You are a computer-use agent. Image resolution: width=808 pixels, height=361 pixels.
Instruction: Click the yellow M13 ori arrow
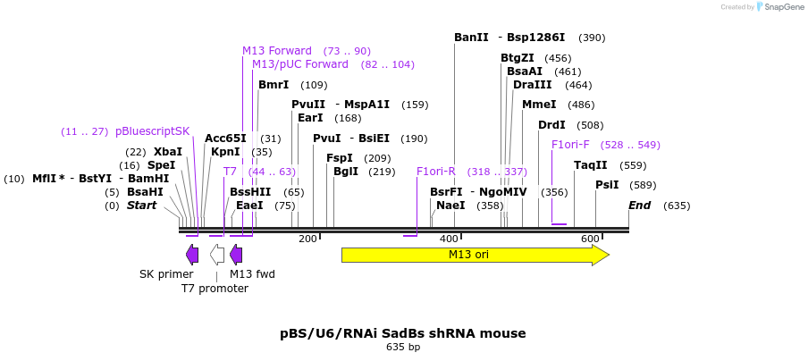(x=475, y=255)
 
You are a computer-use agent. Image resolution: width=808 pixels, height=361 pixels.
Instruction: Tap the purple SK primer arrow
(x=192, y=255)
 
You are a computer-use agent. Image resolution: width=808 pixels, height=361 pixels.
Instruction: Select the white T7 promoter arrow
(x=217, y=255)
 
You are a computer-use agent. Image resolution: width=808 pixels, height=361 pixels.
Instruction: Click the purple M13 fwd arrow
(x=236, y=255)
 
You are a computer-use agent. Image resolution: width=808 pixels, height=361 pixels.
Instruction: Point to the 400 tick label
(x=449, y=239)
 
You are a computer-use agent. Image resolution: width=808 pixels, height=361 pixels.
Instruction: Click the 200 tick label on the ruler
(x=307, y=239)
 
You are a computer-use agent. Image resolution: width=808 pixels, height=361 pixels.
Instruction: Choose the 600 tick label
(x=590, y=239)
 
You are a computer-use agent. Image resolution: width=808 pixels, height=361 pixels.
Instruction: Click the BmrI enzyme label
(x=274, y=85)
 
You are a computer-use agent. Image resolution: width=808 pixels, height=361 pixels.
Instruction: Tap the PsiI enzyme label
(x=607, y=185)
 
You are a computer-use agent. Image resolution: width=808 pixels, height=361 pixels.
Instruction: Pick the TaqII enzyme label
(x=591, y=165)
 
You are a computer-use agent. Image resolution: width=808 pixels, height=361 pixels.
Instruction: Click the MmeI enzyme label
(x=539, y=105)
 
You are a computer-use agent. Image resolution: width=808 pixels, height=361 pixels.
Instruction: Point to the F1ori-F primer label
(x=570, y=145)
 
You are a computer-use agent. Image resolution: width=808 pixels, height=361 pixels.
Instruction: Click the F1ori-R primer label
(x=436, y=172)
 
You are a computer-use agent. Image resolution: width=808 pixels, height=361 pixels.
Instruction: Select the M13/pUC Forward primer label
(x=300, y=64)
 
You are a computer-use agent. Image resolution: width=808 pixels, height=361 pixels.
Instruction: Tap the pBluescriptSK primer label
(x=153, y=131)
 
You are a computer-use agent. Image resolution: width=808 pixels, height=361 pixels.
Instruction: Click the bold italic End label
(x=639, y=206)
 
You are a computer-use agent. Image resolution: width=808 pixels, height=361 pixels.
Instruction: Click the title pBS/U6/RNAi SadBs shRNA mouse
(x=403, y=333)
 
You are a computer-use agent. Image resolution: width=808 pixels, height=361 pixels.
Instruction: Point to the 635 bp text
(x=403, y=347)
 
